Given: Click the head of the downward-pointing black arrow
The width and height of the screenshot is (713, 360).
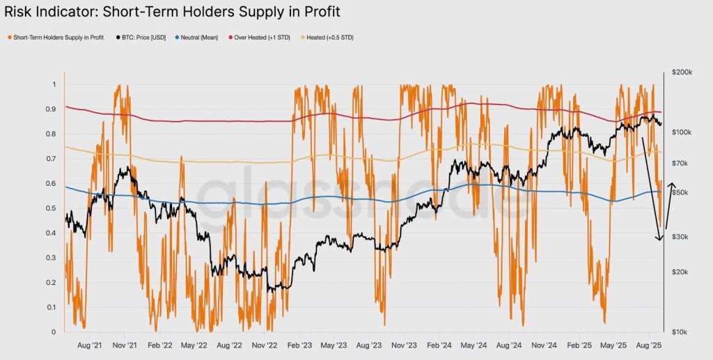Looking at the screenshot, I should click(659, 239).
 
